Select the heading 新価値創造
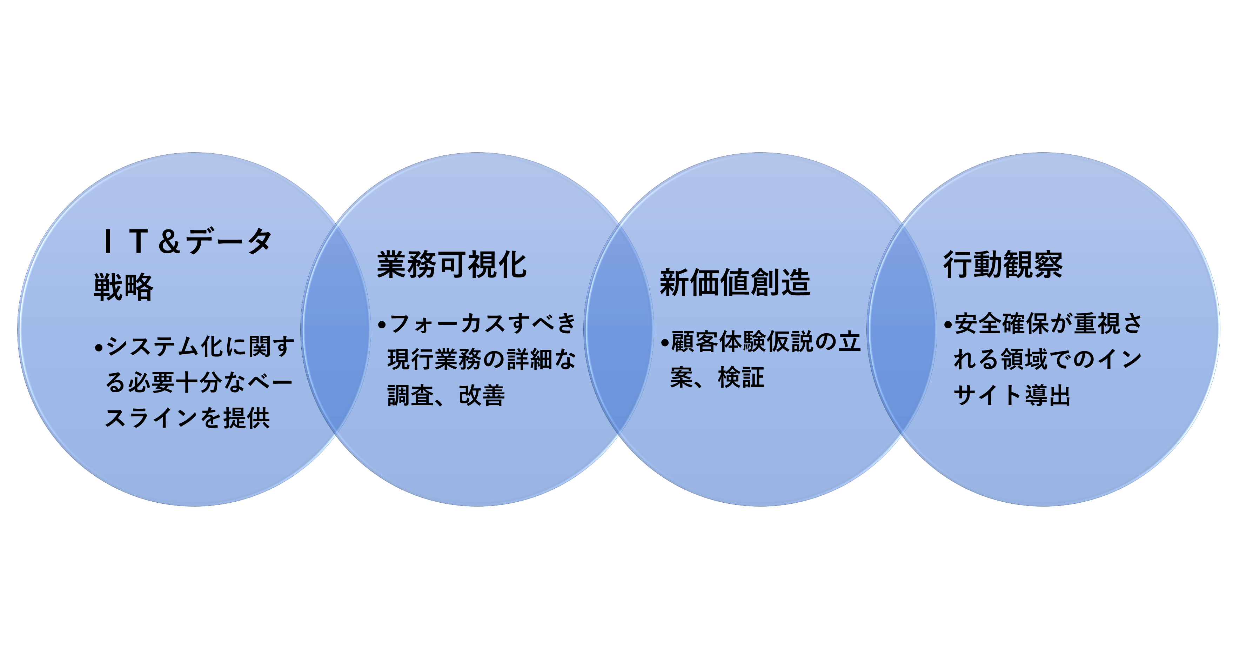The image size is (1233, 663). [x=735, y=282]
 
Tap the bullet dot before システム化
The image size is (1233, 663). [x=99, y=348]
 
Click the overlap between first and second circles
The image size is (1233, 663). [x=336, y=329]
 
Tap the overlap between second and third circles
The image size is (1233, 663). [x=619, y=329]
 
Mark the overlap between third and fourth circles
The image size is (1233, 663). [x=902, y=329]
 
